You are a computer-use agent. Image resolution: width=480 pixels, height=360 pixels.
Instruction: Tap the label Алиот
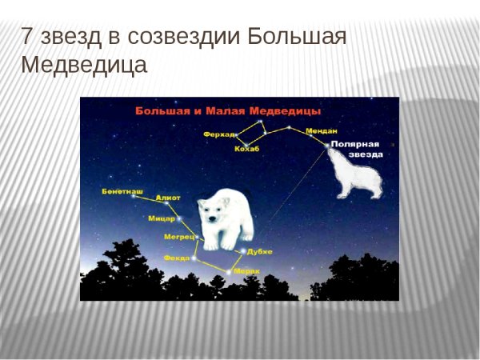tap(169, 198)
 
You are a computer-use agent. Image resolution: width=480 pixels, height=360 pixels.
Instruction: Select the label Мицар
tap(162, 218)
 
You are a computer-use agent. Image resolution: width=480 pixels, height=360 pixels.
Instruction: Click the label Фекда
tap(176, 258)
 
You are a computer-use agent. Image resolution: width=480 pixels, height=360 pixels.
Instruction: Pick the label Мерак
tap(246, 271)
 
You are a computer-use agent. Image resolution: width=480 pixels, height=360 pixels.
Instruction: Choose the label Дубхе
tap(260, 251)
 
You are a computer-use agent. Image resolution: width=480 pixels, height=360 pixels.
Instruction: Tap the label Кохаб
tap(246, 149)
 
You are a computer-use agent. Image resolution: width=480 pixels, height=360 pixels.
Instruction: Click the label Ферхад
tap(221, 134)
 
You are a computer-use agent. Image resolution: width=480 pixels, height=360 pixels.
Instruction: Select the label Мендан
tap(322, 130)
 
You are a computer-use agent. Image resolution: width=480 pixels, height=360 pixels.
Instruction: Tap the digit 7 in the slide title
tap(28, 37)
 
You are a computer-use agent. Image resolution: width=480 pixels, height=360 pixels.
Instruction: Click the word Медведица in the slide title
tap(84, 65)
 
